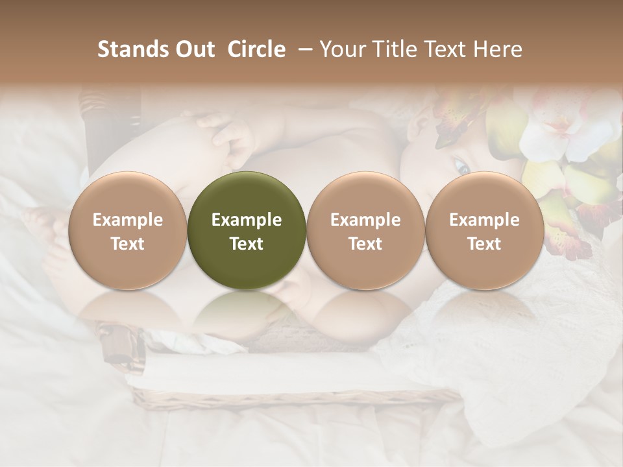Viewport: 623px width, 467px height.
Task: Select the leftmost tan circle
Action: pos(127,231)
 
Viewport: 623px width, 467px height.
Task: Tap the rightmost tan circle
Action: pos(484,231)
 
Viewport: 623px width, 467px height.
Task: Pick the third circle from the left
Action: pos(365,231)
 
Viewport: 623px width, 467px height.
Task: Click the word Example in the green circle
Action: pos(247,220)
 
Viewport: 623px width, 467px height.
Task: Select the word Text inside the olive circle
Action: pos(247,244)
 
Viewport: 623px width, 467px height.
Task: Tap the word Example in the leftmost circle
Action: pos(127,220)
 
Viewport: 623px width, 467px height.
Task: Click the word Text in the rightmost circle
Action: pos(484,244)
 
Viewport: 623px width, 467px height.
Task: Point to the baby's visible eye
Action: pos(462,167)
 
